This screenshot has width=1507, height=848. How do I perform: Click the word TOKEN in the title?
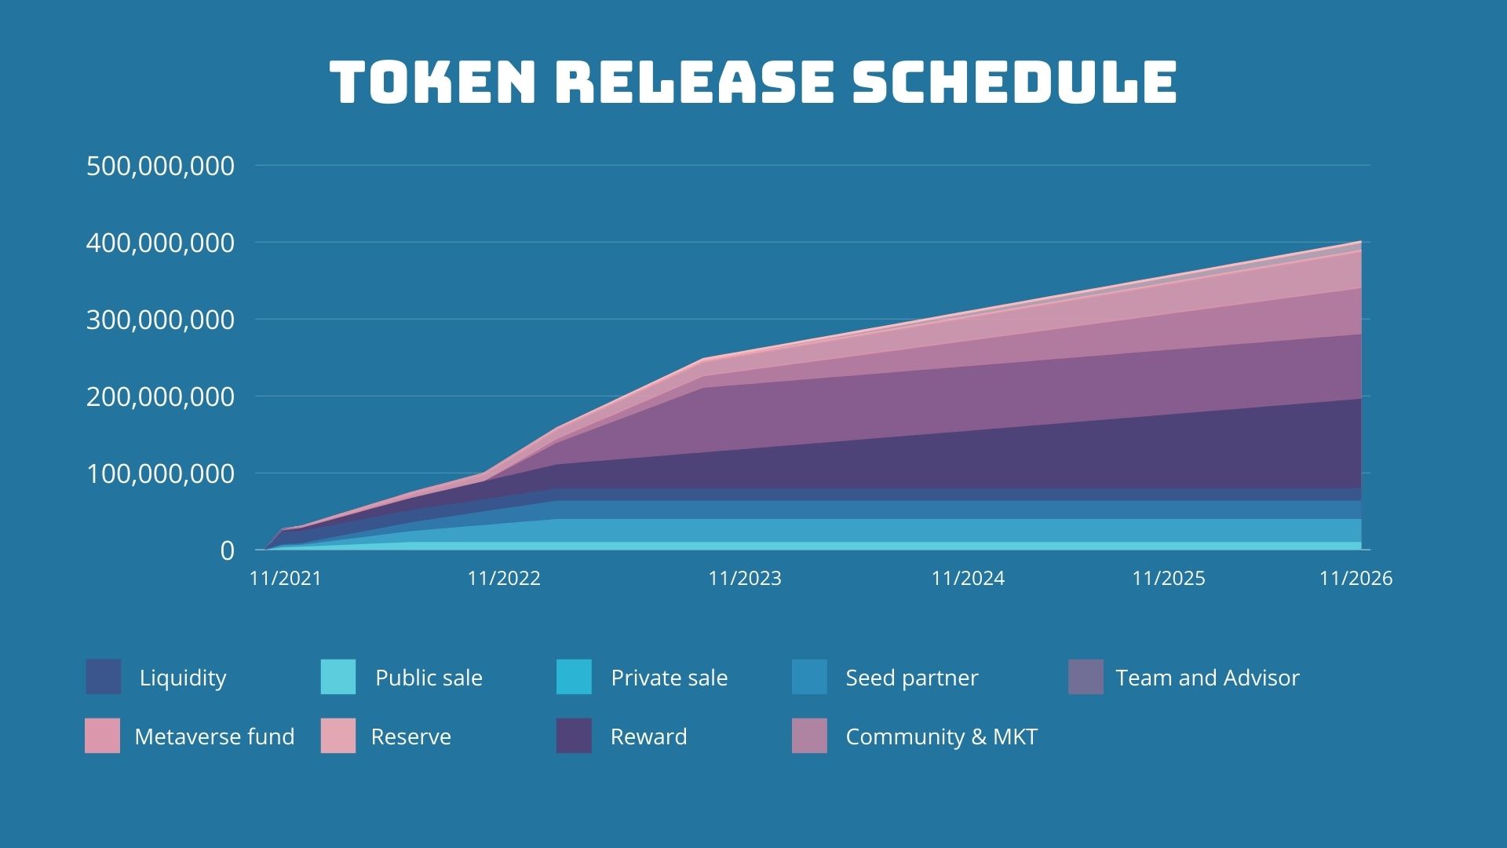click(x=432, y=82)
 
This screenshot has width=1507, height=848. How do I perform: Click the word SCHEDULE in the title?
click(x=1014, y=82)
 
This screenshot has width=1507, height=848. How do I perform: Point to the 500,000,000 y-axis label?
click(x=160, y=166)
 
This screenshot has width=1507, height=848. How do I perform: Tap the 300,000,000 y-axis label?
click(x=160, y=320)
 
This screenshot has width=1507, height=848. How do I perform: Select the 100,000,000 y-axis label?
click(x=160, y=473)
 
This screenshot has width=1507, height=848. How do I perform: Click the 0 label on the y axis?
click(x=227, y=550)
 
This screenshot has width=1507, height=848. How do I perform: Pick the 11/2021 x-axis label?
click(x=286, y=579)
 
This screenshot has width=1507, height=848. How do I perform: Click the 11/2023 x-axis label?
click(x=745, y=579)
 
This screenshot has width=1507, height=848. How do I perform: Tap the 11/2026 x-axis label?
click(x=1356, y=579)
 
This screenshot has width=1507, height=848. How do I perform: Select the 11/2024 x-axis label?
click(x=968, y=579)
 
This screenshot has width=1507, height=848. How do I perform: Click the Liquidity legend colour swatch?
click(x=104, y=677)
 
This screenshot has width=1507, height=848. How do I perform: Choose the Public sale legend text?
click(x=429, y=678)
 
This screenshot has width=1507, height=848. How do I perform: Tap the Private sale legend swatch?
click(x=574, y=677)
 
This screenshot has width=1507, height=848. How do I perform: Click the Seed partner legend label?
click(x=911, y=678)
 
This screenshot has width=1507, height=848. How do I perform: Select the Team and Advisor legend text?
click(x=1207, y=678)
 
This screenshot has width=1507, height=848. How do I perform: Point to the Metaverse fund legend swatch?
click(x=103, y=736)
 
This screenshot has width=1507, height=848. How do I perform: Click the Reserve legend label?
click(x=411, y=737)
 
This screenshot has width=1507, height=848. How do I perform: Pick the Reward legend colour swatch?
click(x=574, y=736)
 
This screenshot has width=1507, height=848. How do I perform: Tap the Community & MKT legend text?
click(x=941, y=737)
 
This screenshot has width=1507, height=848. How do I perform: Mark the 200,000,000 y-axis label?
click(x=160, y=397)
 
